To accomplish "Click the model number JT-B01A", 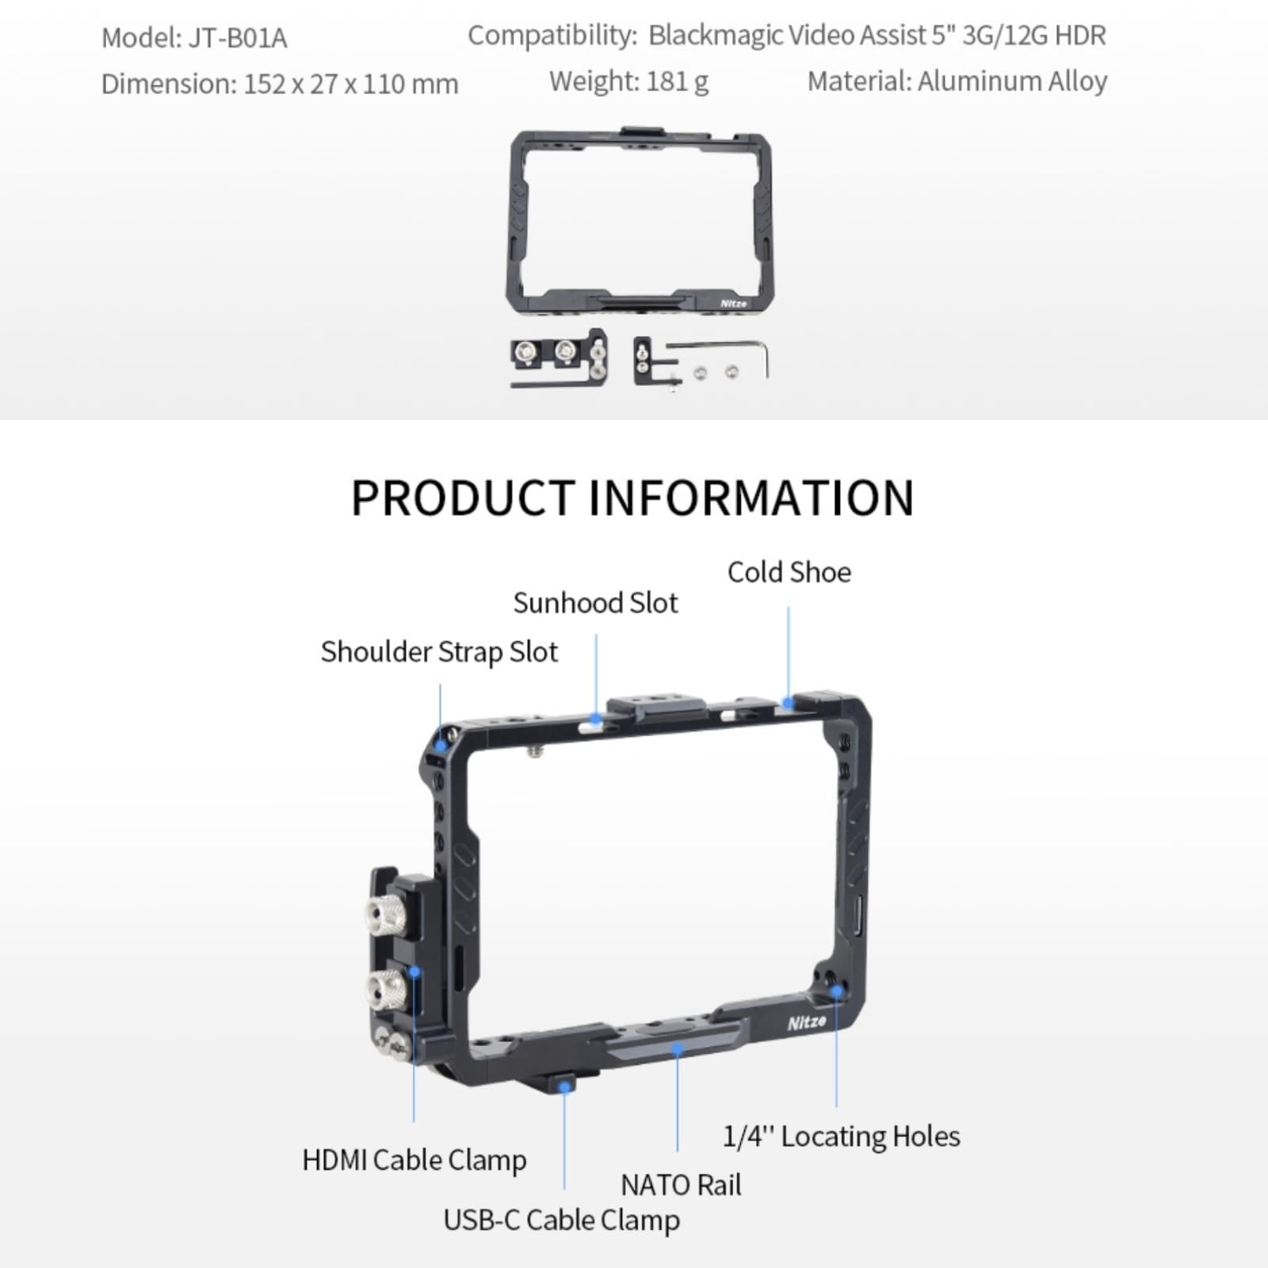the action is [237, 38].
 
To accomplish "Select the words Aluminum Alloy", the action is [1012, 81].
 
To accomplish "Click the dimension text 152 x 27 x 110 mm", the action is [350, 84].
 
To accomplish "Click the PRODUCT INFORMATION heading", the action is [632, 498].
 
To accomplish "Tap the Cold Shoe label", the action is [789, 572].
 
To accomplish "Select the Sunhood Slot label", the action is [595, 603].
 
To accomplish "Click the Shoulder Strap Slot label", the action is [439, 651].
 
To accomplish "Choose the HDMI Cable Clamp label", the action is [414, 1159].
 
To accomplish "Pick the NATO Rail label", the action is [681, 1185].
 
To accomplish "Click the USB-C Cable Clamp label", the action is [561, 1220].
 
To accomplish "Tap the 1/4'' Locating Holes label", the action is [841, 1136].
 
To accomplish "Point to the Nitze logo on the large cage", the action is [807, 1022].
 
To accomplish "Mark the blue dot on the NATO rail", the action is [677, 1049].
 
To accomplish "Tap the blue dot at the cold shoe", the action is [788, 702].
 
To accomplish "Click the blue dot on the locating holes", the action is [836, 991].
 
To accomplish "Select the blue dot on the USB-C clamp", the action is [564, 1086].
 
